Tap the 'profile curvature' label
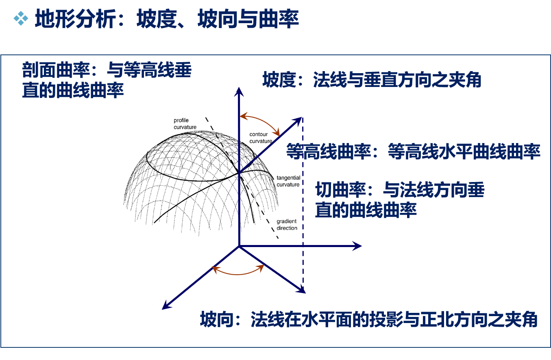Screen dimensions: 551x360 [185, 124]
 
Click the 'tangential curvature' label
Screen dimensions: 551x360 [288, 181]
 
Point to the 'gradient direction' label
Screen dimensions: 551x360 [287, 225]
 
